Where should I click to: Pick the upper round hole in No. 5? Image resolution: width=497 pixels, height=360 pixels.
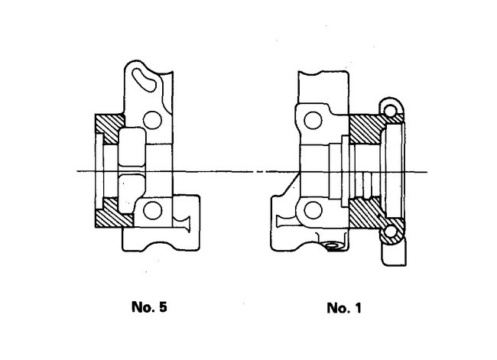(x=156, y=119)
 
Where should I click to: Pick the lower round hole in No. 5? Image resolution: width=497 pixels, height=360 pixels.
(x=156, y=209)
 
